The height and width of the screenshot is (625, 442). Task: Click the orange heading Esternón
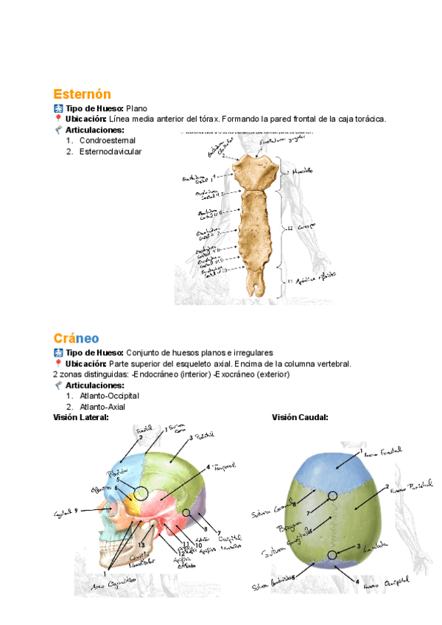point(82,94)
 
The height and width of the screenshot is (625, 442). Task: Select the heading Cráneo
point(76,338)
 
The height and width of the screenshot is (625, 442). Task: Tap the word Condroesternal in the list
point(108,140)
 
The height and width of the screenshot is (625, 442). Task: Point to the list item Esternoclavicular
point(110,152)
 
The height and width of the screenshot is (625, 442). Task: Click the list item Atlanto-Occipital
point(109,396)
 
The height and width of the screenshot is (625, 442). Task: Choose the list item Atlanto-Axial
point(102,407)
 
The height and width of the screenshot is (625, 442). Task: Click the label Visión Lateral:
point(81,418)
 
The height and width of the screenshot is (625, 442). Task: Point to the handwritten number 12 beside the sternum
point(290,228)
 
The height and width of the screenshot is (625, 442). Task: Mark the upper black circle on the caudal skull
point(334,496)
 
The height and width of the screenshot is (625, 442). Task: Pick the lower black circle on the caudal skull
point(334,555)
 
